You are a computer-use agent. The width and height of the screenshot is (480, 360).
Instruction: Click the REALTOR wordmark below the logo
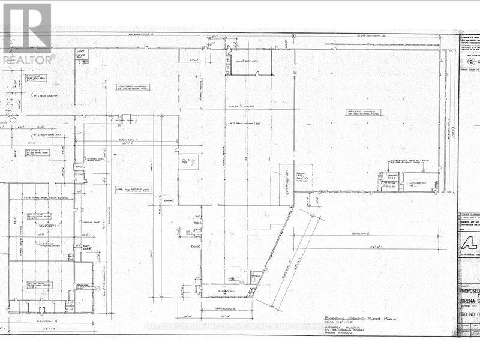click(x=28, y=59)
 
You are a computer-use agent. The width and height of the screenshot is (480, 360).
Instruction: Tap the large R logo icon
click(x=27, y=27)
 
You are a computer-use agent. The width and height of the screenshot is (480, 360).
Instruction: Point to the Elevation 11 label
click(x=145, y=35)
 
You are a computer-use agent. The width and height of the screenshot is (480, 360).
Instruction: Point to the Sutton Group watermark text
click(x=240, y=327)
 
